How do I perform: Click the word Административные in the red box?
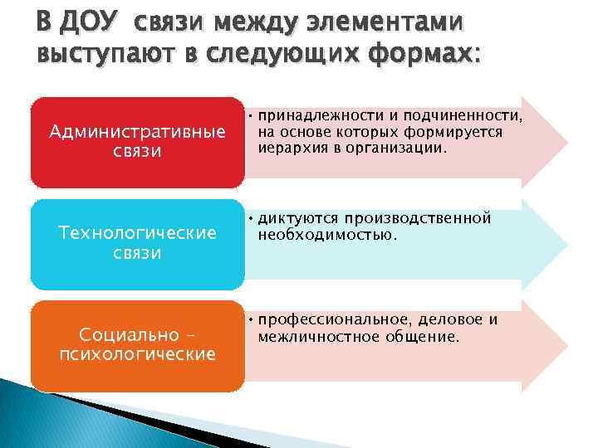click(137, 132)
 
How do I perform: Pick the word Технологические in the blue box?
click(137, 234)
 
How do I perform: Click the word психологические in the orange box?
click(137, 354)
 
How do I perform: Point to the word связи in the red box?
click(137, 152)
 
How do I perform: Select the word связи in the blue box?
click(137, 254)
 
